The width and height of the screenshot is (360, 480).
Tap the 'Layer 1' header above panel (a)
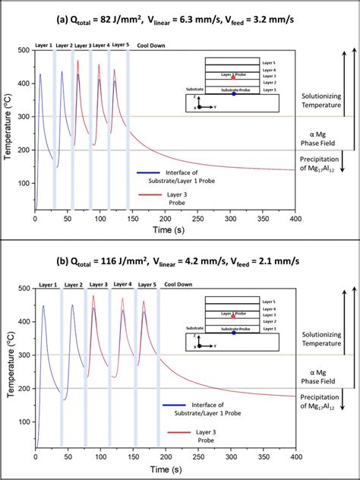click(x=45, y=46)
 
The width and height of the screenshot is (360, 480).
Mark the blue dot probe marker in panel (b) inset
click(x=233, y=332)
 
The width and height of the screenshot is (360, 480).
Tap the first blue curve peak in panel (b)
click(x=43, y=306)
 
